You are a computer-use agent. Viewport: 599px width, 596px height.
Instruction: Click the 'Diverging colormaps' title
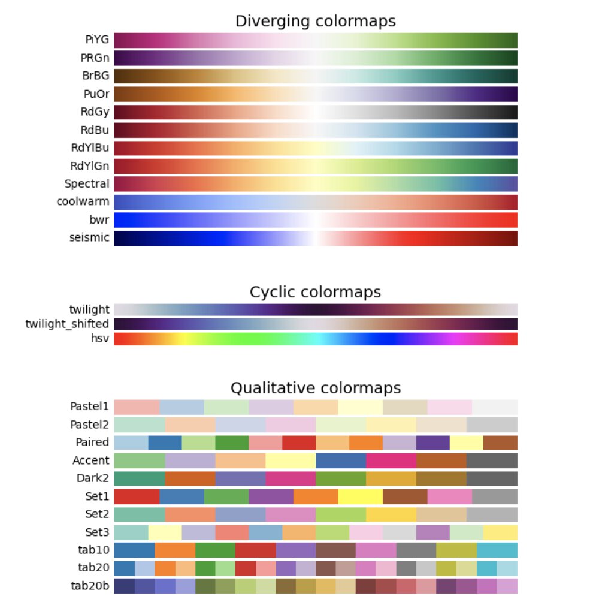315,22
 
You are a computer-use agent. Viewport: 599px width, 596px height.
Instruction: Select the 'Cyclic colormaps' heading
315,292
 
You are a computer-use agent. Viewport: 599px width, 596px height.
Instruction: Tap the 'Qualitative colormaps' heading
315,387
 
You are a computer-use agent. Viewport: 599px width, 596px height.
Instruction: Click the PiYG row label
96,40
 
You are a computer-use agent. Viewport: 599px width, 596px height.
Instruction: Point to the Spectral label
87,183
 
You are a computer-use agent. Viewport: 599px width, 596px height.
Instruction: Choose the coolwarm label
83,201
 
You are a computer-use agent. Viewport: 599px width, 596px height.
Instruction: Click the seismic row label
89,237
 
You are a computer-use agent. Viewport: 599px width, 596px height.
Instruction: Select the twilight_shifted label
67,324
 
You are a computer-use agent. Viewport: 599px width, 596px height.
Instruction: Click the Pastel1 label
89,407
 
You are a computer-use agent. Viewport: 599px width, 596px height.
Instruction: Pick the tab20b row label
93,585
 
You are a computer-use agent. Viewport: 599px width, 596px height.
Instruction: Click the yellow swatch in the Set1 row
360,496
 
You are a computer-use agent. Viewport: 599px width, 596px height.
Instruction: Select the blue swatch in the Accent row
340,460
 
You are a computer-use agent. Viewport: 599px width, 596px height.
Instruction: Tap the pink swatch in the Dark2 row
290,478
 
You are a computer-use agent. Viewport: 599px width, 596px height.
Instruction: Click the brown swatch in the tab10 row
335,550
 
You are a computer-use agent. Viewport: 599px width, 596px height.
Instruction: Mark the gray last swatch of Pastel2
492,425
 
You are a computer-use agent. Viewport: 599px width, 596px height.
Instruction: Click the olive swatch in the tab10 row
456,550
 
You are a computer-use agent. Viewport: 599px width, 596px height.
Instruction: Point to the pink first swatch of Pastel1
137,407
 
